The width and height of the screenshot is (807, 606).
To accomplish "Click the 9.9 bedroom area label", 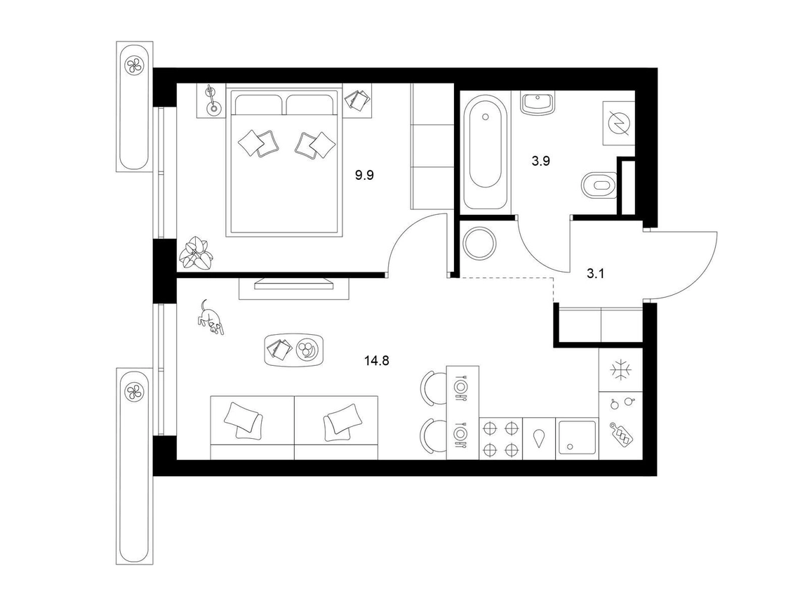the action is (x=364, y=175).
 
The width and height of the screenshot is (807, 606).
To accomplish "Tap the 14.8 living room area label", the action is (x=377, y=361).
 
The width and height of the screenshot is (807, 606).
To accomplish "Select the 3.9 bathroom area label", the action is (x=541, y=161).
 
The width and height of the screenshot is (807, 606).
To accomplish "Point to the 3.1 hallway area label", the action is (x=596, y=273).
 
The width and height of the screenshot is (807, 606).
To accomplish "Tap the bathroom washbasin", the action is (x=538, y=103).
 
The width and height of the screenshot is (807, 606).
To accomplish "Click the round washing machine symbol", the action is (x=479, y=243).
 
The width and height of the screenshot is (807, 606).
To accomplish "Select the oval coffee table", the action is (x=294, y=350).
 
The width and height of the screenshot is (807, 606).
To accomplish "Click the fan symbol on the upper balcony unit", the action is (x=135, y=65).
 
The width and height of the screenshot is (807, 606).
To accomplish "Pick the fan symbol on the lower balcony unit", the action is (x=135, y=393).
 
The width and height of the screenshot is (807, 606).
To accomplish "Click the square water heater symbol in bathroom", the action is (x=619, y=123).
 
